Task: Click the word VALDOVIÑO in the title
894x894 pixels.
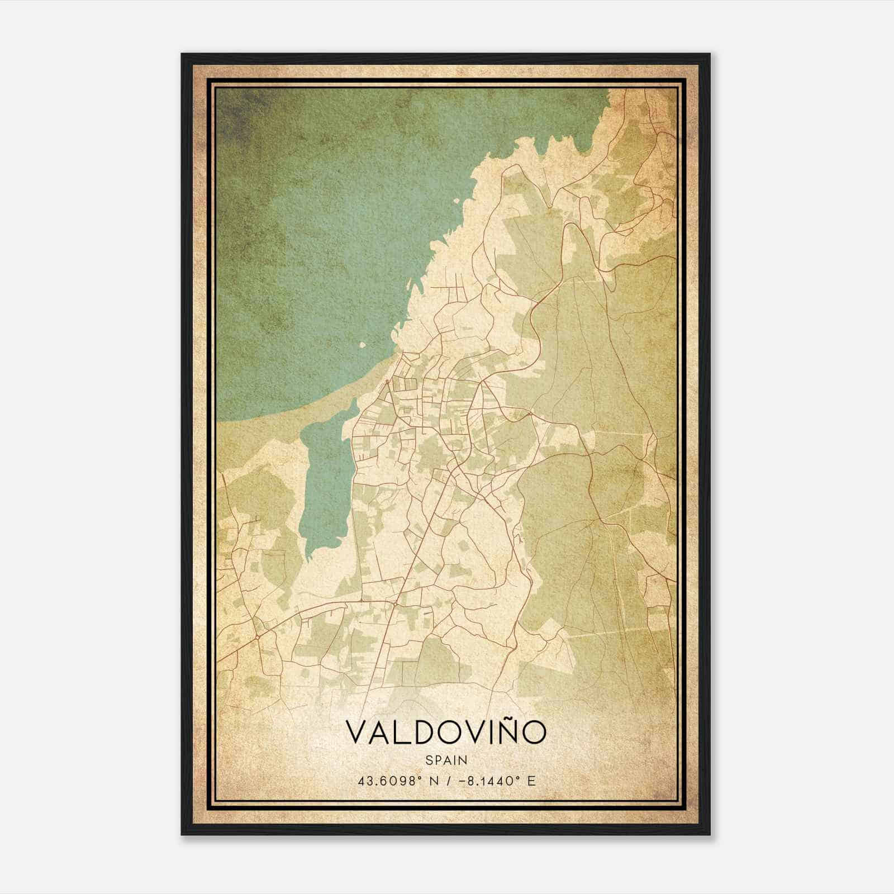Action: (446, 733)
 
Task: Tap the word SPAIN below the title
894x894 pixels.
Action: (446, 760)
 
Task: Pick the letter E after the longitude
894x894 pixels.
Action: (531, 781)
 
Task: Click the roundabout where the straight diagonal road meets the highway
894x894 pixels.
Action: (394, 604)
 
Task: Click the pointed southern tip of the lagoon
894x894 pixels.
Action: (309, 557)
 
